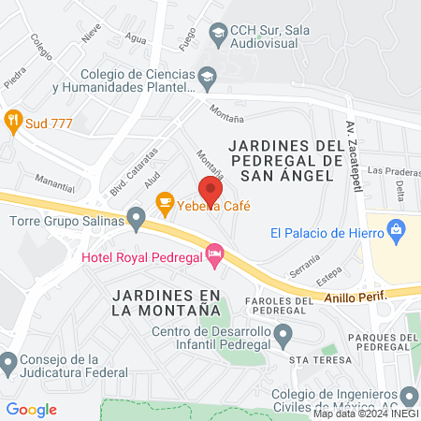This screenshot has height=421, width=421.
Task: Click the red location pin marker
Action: (210, 191)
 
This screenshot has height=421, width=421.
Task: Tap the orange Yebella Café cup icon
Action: (165, 201)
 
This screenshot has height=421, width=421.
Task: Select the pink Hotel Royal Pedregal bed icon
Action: (215, 254)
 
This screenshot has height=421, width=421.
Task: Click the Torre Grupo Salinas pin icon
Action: (137, 221)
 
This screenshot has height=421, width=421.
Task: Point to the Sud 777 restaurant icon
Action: (12, 119)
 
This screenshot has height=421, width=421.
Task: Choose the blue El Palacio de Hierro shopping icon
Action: (397, 228)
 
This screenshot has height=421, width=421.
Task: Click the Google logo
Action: (31, 410)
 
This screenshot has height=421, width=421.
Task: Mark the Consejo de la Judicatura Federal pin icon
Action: (9, 361)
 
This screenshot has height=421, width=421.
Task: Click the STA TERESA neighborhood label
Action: (319, 360)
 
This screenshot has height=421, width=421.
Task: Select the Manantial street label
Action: (53, 177)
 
